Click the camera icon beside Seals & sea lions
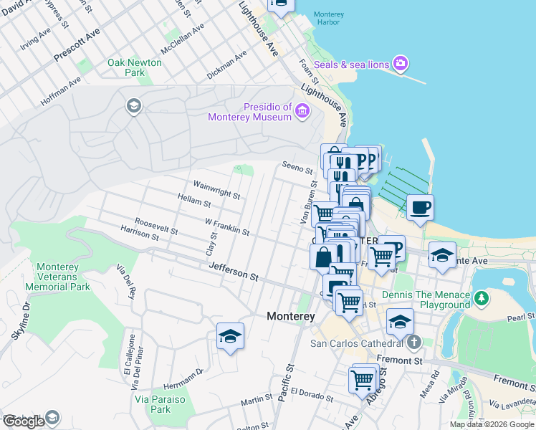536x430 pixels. point(401,64)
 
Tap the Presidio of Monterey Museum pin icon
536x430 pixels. point(302,111)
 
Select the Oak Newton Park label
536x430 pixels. point(135,67)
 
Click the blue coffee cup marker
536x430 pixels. point(420,209)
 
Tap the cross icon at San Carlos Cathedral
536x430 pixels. point(413,343)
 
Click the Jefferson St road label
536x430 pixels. point(233,271)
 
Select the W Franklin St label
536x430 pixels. point(226,226)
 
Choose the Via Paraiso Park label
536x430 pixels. point(151,403)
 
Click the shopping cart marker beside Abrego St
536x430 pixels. point(363,378)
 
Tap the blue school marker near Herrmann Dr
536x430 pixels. point(230,336)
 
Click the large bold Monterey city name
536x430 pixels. point(291,315)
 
